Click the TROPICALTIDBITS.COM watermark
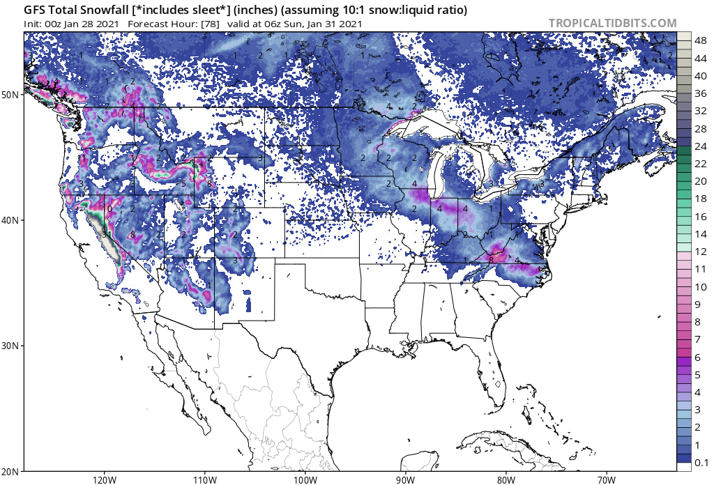click(612, 23)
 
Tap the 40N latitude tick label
click(12, 220)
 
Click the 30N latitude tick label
click(12, 346)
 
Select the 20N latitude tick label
click(12, 471)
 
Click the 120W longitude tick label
click(103, 479)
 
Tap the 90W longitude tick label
click(405, 479)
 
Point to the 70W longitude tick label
click(606, 479)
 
